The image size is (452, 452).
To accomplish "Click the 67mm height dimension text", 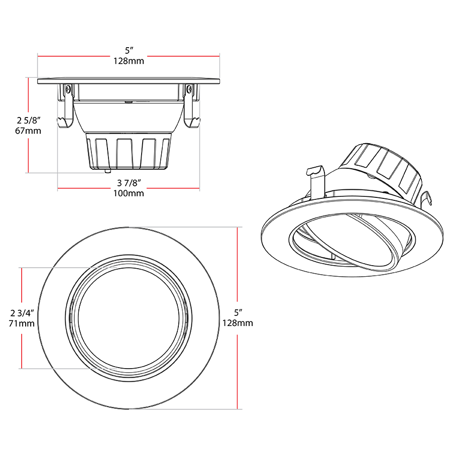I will click(28, 131).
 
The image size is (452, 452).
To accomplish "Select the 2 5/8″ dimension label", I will click(28, 120).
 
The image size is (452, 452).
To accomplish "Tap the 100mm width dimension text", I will click(129, 193).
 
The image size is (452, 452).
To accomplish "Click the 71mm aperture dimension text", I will click(22, 323).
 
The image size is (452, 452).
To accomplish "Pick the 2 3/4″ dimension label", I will click(22, 313).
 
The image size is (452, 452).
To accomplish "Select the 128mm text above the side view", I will click(129, 61).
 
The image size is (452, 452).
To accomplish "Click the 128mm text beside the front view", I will click(238, 323).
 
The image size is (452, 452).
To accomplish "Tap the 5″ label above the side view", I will click(129, 51).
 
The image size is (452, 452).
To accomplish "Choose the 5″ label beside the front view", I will click(238, 312).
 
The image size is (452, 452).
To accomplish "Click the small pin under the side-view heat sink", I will click(106, 171).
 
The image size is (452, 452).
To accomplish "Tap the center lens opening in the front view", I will click(129, 318).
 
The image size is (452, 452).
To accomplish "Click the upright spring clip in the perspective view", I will click(316, 181).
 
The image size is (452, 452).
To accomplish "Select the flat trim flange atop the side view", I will click(129, 80).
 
